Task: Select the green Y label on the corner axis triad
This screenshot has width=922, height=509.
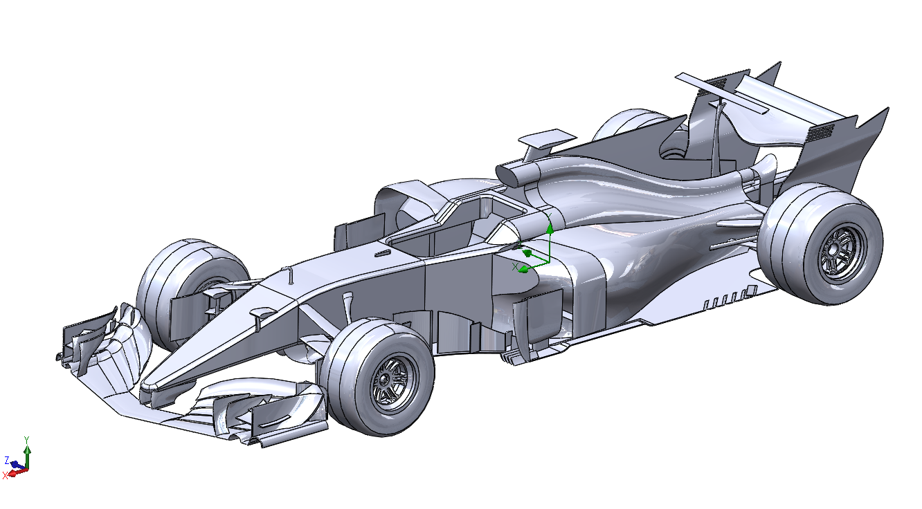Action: [27, 439]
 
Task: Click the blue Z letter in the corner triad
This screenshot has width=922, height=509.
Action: [7, 460]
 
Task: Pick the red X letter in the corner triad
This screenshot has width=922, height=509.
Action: [5, 476]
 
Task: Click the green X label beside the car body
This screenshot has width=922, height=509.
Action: [514, 267]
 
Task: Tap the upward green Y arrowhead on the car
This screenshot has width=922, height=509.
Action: [550, 229]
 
